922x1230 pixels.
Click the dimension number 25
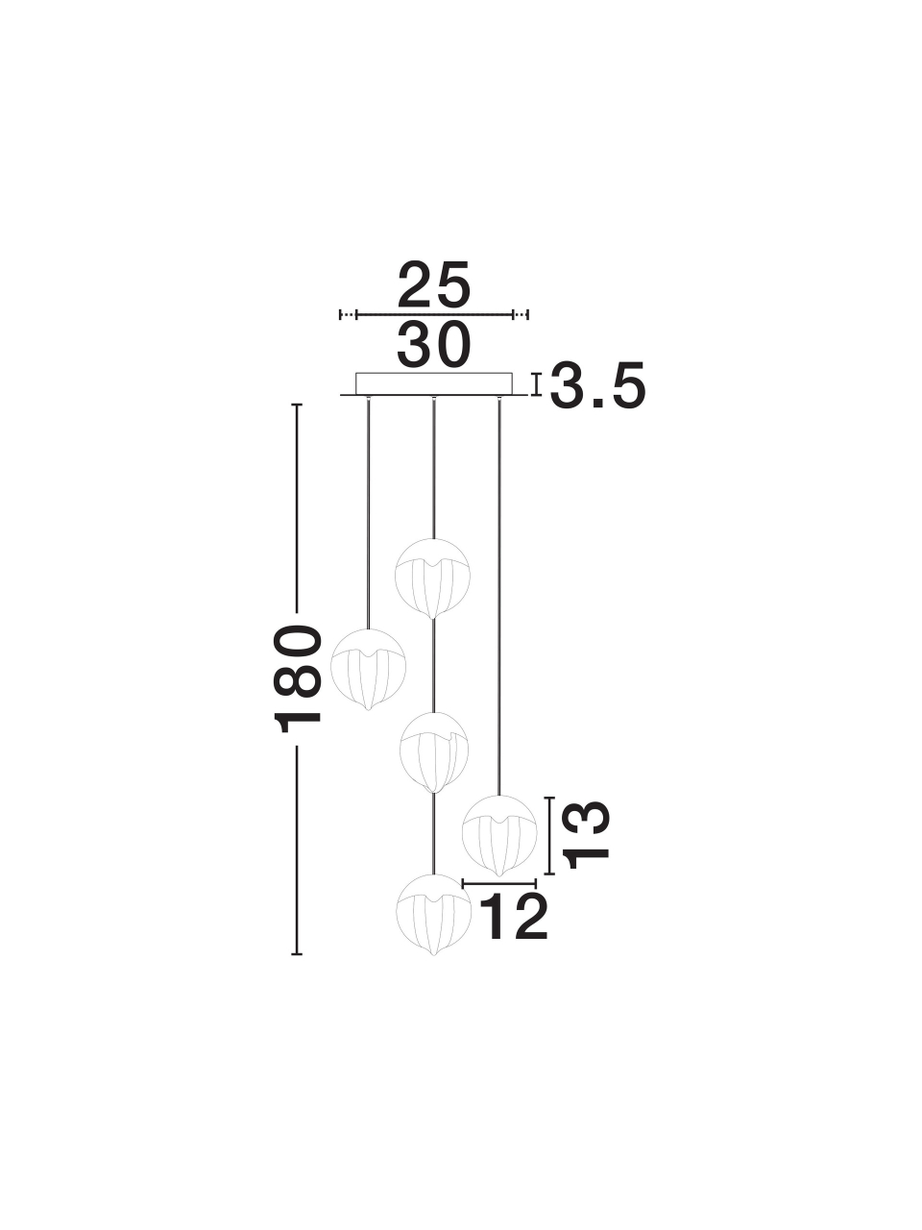tap(433, 283)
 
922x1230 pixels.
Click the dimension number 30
tap(433, 346)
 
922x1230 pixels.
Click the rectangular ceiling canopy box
tap(434, 383)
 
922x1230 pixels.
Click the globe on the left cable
tap(368, 670)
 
